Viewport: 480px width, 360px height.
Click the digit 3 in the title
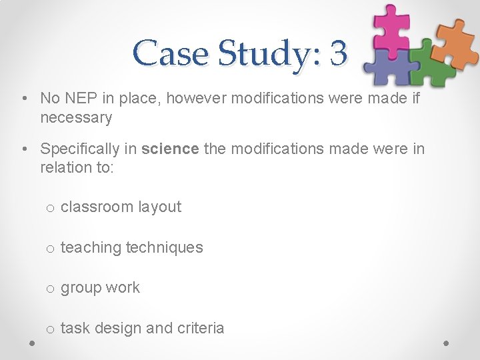(339, 53)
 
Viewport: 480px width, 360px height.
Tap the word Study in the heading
(265, 53)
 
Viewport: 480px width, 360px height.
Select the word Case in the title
(171, 53)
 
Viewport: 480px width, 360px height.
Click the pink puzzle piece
(391, 25)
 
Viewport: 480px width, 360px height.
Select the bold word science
(170, 148)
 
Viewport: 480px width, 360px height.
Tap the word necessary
(76, 118)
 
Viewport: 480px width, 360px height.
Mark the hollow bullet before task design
(50, 329)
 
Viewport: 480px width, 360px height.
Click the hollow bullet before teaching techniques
(50, 248)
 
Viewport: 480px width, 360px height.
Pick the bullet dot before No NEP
(24, 99)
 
